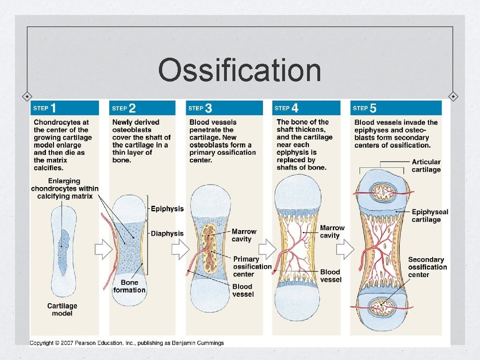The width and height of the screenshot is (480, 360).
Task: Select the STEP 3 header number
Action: tap(209, 108)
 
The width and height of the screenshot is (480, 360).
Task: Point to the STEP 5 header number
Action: tap(373, 108)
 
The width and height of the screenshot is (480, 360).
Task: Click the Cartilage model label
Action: tap(62, 309)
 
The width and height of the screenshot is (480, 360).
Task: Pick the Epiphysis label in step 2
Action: tap(167, 209)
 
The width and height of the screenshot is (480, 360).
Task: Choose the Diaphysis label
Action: tap(167, 233)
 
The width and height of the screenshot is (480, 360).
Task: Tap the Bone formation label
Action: tap(129, 286)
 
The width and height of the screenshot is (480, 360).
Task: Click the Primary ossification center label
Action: tap(252, 266)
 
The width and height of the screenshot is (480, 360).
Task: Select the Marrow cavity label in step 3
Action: tap(244, 235)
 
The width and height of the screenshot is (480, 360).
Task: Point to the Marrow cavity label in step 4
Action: tap(332, 232)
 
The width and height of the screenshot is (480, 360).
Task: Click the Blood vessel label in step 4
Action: tap(330, 276)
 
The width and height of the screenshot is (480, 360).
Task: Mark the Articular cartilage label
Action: tap(426, 166)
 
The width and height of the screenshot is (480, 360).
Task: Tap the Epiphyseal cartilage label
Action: tap(430, 216)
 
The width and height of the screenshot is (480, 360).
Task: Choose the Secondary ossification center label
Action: tap(427, 267)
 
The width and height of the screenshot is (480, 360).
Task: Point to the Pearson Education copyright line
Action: tap(127, 343)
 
